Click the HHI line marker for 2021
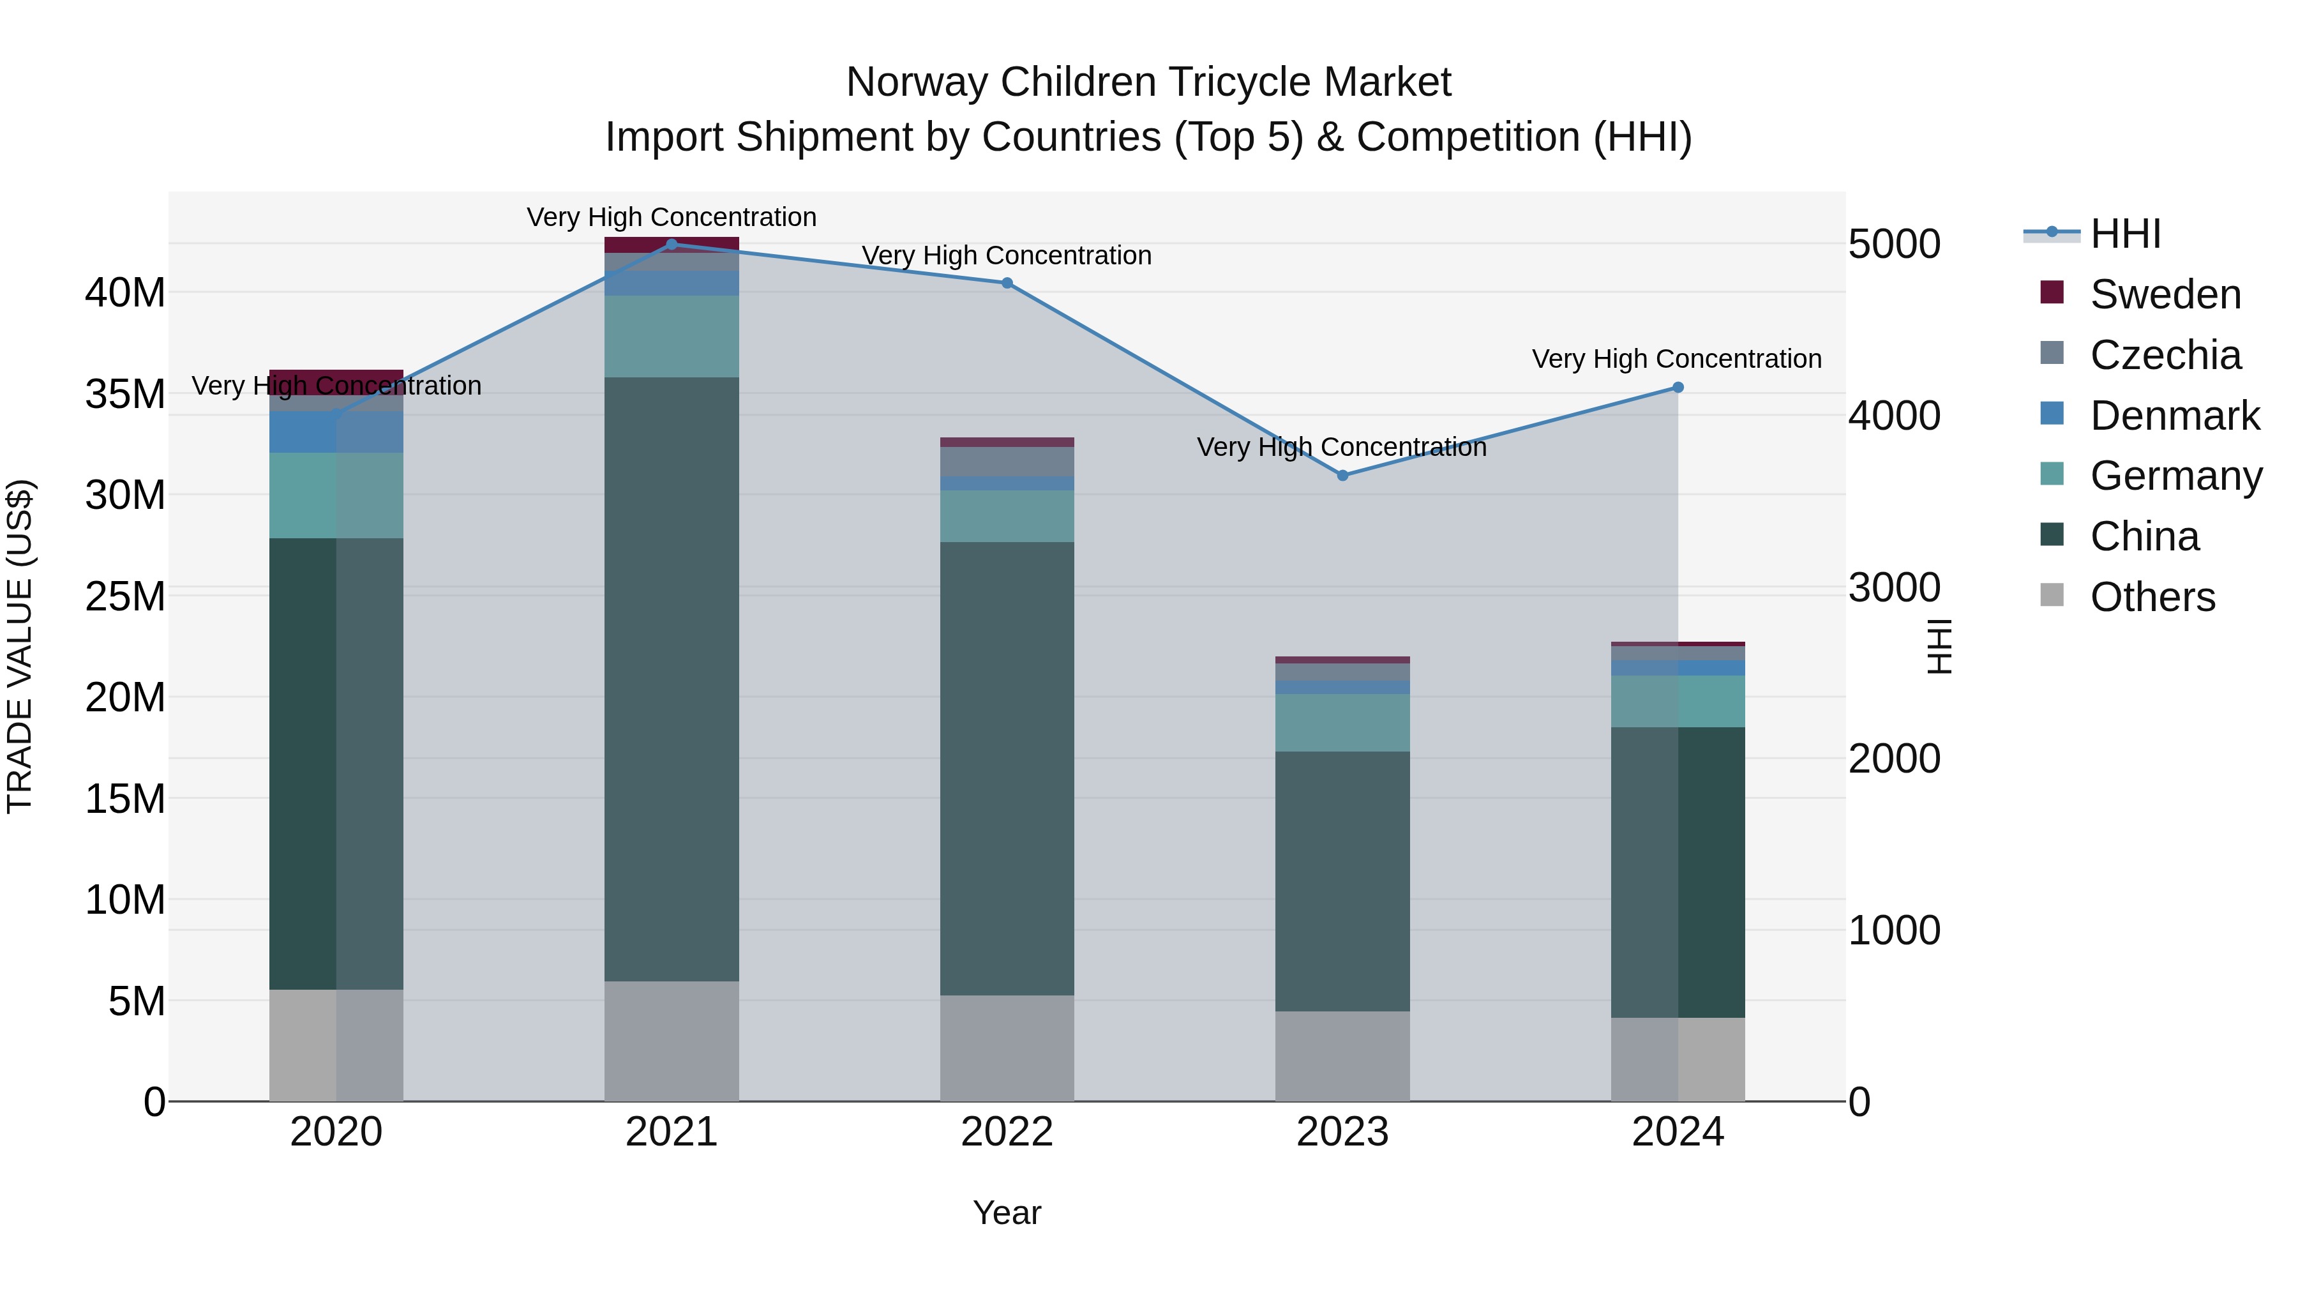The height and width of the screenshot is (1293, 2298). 672,244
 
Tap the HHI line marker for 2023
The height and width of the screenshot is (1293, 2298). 1342,476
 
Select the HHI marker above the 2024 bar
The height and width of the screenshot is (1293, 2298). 1678,388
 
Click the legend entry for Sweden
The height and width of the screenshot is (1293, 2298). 2165,294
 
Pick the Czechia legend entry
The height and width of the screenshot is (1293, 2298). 2165,355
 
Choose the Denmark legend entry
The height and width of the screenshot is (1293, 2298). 2174,416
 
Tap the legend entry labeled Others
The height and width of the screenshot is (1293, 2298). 2152,597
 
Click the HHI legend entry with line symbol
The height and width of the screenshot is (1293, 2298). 2125,234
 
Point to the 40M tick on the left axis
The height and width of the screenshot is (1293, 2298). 125,292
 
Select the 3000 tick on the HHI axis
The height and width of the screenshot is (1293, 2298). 1894,587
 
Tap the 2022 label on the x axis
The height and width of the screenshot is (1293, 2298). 1007,1132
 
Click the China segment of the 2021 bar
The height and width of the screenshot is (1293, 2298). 672,678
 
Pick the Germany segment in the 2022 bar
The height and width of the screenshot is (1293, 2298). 1007,516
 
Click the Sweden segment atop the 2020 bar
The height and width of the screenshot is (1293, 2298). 336,375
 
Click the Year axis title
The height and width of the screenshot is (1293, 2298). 1007,1213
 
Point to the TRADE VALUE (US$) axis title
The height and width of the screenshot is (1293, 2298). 20,646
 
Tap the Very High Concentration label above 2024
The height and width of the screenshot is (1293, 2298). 1676,359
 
